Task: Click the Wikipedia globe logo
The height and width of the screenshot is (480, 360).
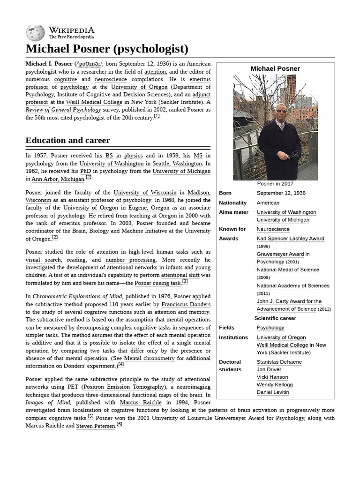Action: [x=36, y=33]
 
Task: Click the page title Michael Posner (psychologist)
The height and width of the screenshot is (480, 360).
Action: [x=107, y=49]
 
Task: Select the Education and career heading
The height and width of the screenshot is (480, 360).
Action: [x=68, y=140]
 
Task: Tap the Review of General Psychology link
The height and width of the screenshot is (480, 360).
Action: [x=63, y=110]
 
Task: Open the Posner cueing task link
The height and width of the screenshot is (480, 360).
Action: [x=157, y=283]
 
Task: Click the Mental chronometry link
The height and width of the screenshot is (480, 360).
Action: [x=142, y=358]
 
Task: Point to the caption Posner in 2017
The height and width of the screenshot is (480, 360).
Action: [x=275, y=184]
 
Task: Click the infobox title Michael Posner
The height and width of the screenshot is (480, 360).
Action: [x=275, y=68]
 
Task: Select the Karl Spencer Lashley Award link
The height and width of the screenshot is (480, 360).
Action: [x=290, y=239]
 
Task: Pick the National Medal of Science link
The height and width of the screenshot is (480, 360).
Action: [x=288, y=270]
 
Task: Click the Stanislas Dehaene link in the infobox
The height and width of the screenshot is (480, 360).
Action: [x=279, y=362]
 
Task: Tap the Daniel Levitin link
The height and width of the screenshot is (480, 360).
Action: [x=273, y=392]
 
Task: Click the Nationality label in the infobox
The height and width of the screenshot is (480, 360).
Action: [x=232, y=203]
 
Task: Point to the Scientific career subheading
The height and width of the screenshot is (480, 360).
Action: [x=275, y=318]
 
